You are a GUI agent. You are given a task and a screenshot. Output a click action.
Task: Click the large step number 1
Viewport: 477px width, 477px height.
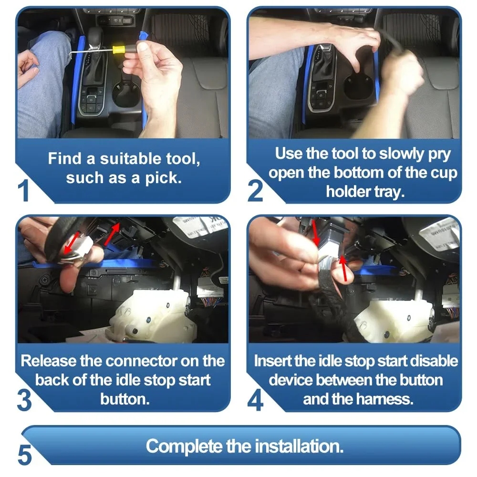tap(23, 190)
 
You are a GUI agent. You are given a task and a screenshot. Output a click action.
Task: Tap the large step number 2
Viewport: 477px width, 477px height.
tap(255, 191)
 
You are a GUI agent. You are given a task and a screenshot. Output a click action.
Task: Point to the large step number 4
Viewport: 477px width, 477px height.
tap(256, 400)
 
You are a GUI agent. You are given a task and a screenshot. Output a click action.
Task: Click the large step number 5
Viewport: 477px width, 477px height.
tap(25, 455)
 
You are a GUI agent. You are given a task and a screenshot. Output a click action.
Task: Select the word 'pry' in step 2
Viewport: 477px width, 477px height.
tap(440, 154)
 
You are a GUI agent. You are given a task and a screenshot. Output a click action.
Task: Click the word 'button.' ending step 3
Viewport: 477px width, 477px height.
tap(125, 399)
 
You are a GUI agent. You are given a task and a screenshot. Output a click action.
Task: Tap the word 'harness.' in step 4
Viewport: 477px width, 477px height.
tap(387, 399)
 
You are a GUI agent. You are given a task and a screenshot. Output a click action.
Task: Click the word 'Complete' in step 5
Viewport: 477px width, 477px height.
tap(184, 446)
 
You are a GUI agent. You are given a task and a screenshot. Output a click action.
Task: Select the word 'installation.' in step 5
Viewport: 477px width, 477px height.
tap(299, 446)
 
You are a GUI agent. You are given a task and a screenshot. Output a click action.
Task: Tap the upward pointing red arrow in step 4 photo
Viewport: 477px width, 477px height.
tap(344, 268)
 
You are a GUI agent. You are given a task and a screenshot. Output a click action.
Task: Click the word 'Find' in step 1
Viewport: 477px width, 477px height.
tap(64, 158)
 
